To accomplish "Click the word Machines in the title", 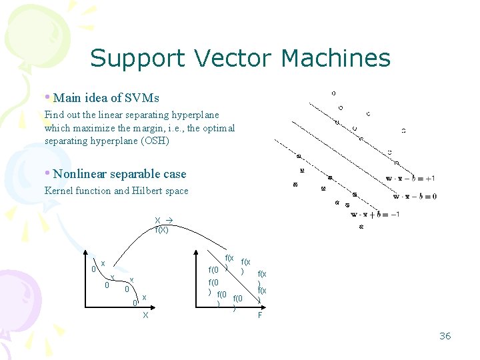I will [335, 58].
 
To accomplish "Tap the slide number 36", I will [445, 336].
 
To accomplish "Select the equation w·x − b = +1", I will [410, 179].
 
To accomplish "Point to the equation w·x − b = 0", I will [415, 197].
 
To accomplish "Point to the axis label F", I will [260, 315].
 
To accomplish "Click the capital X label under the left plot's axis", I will [145, 315].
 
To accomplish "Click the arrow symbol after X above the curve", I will [169, 220].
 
